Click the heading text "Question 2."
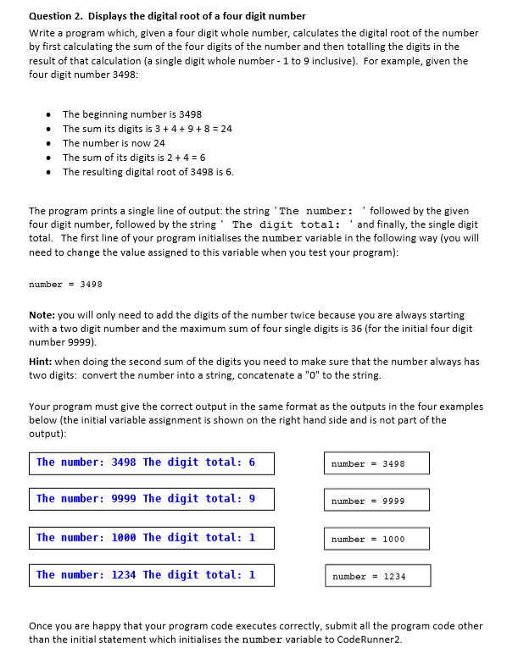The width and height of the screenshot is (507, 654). (55, 16)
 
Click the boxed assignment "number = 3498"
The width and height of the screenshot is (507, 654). (376, 463)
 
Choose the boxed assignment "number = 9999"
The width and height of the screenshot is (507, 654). (376, 501)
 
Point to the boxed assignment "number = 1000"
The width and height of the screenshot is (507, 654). (376, 539)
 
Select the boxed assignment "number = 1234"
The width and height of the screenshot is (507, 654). (376, 576)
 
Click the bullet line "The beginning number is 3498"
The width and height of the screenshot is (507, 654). (131, 114)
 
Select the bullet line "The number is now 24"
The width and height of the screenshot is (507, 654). (114, 143)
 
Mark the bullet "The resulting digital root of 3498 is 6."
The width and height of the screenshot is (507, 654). (148, 172)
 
